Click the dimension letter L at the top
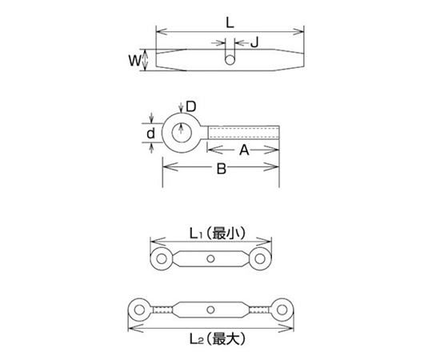point(230,23)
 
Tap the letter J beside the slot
point(254,42)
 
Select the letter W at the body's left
point(135,60)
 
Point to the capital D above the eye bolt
point(190,106)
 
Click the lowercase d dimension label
point(150,134)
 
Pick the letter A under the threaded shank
point(244,150)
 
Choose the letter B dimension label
point(222,169)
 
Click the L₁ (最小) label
point(217,234)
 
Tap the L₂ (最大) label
point(217,338)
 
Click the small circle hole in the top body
point(230,60)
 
